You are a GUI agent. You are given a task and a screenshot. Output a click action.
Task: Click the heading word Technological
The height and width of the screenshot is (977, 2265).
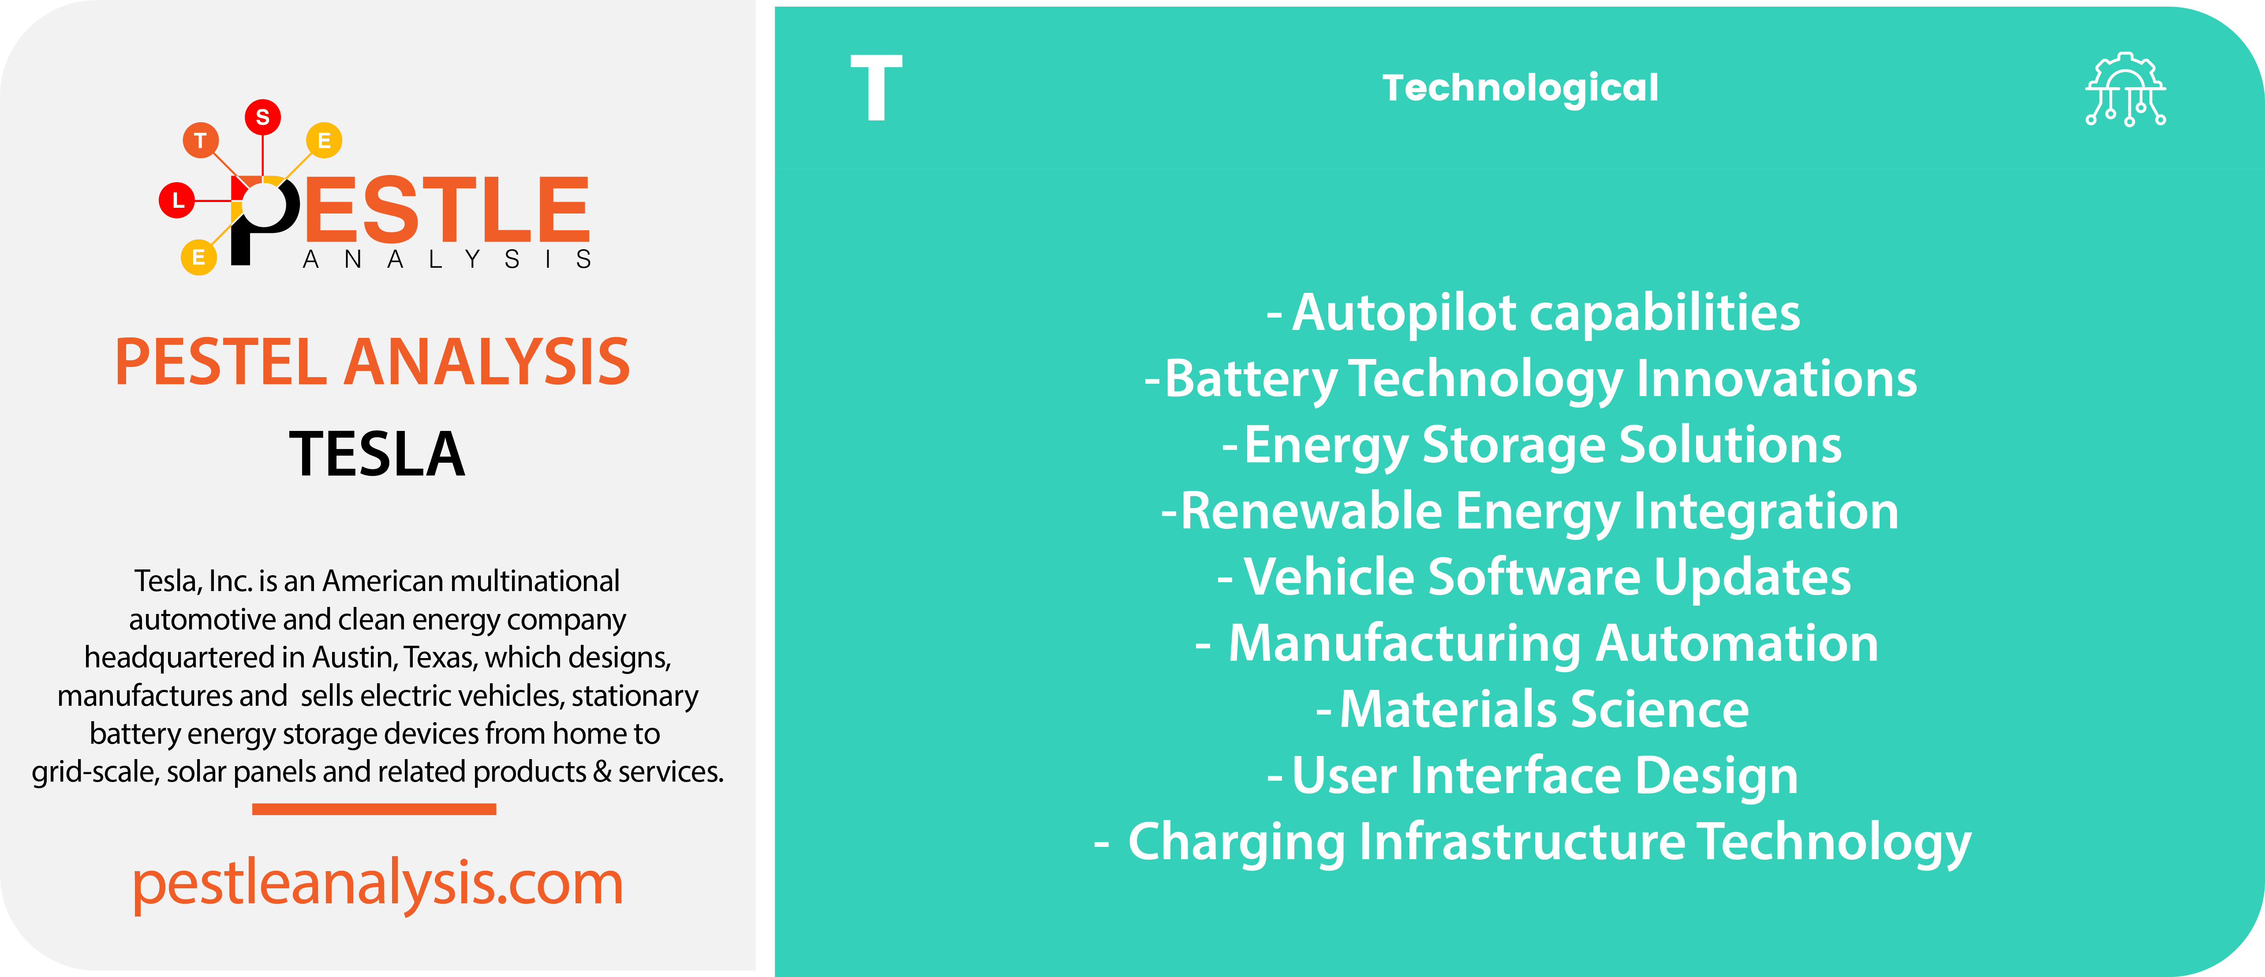(1520, 88)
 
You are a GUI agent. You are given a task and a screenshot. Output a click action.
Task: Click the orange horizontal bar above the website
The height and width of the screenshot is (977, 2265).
(374, 809)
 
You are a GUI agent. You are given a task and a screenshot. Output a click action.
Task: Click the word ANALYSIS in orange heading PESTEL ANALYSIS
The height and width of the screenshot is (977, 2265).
(486, 362)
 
